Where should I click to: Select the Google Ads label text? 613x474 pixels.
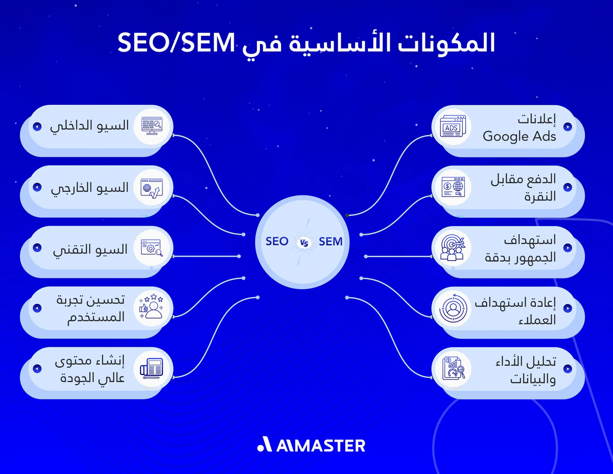pos(519,137)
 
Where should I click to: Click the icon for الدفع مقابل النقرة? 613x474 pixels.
pos(452,187)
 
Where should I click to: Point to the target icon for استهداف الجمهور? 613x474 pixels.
pos(452,247)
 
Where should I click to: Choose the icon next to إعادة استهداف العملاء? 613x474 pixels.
pos(452,308)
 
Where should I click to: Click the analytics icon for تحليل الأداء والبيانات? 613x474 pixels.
pos(452,368)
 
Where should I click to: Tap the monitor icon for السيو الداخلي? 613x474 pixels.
pos(152,126)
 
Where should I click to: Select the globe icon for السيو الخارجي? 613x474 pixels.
pos(152,187)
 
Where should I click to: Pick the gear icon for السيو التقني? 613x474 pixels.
pos(152,247)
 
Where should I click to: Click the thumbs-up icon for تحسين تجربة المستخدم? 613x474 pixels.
pos(152,308)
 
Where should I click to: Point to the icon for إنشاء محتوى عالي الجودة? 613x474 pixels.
pos(152,368)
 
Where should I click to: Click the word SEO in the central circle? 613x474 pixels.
pos(277,242)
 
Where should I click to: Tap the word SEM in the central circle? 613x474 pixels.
pos(331,242)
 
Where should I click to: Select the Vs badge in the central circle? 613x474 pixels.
pos(303,243)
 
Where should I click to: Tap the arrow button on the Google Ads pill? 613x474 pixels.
pos(567,127)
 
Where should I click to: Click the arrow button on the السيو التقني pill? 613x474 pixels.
pos(36,247)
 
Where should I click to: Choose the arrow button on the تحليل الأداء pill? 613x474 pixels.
pos(567,368)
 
